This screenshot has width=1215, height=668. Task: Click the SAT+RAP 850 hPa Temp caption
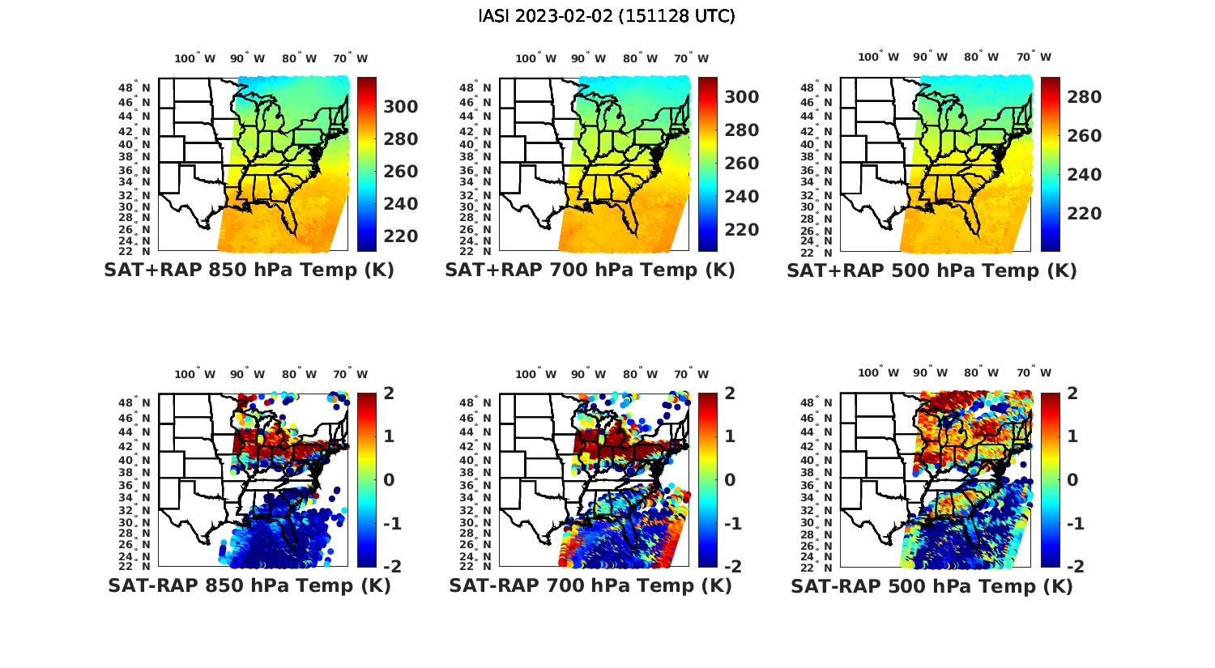(249, 270)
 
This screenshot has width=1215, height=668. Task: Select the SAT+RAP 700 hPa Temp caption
(590, 270)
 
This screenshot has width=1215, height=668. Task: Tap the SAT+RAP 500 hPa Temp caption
(932, 270)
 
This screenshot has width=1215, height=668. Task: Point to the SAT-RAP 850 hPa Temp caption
(249, 585)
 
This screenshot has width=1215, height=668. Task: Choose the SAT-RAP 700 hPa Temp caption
(590, 585)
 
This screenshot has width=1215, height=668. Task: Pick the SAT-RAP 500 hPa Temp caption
(932, 586)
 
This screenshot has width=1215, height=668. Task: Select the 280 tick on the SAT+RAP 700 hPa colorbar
(742, 130)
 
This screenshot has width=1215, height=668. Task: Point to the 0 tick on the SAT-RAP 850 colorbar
(389, 480)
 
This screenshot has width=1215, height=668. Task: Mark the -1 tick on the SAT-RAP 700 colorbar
(732, 524)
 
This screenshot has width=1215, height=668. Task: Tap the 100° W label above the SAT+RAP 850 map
(195, 58)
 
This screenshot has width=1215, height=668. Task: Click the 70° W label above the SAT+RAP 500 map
(1034, 57)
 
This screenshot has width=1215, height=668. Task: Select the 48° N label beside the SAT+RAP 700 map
(475, 87)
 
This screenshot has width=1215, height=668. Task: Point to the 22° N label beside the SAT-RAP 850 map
(134, 566)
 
